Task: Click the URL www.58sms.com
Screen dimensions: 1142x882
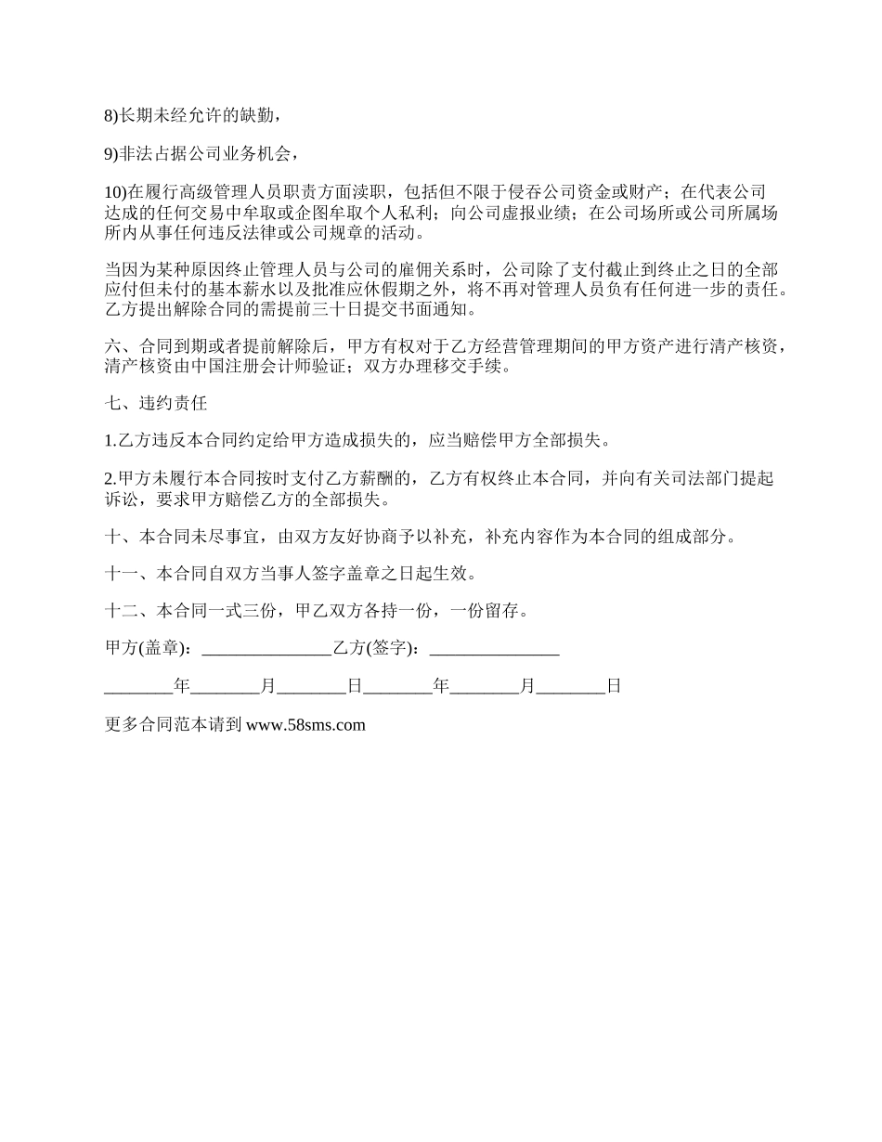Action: pyautogui.click(x=306, y=726)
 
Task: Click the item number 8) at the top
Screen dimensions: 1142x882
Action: pyautogui.click(x=112, y=116)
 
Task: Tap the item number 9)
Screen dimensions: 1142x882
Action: pyautogui.click(x=112, y=154)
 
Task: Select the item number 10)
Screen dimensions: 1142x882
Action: pyautogui.click(x=117, y=192)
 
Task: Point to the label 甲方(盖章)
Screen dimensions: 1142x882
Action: pyautogui.click(x=149, y=649)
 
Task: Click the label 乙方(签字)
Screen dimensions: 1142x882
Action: pyautogui.click(x=377, y=649)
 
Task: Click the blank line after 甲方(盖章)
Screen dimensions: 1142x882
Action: pyautogui.click(x=266, y=651)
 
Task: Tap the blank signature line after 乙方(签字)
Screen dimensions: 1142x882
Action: pyautogui.click(x=494, y=651)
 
